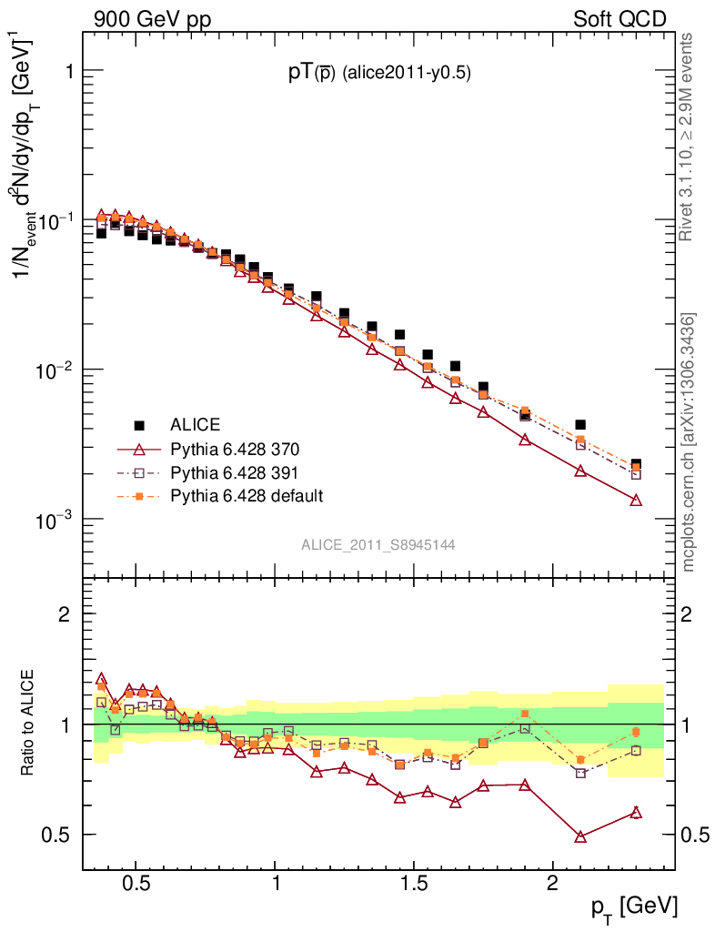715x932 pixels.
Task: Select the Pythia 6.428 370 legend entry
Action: pyautogui.click(x=235, y=449)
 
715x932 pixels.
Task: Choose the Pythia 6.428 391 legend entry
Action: pyautogui.click(x=235, y=472)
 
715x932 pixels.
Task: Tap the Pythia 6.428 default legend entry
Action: pyautogui.click(x=247, y=496)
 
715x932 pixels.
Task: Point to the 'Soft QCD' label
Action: pyautogui.click(x=619, y=19)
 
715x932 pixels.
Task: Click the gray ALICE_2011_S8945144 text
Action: pyautogui.click(x=378, y=544)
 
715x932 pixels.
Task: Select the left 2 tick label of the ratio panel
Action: pyautogui.click(x=65, y=614)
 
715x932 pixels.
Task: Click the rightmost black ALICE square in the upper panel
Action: pyautogui.click(x=636, y=465)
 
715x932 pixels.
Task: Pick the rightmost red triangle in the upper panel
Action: pyautogui.click(x=636, y=500)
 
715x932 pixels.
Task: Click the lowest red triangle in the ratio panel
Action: pyautogui.click(x=580, y=836)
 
